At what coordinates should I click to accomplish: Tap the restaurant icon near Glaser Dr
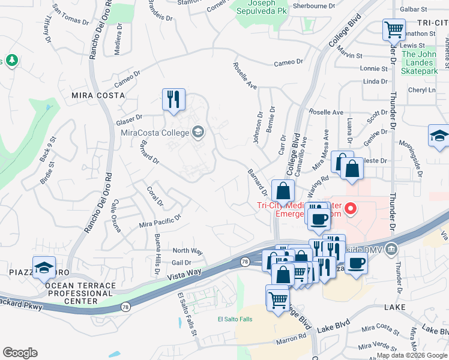173,100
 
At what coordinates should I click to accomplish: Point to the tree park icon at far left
11,61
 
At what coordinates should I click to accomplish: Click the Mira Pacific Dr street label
160,221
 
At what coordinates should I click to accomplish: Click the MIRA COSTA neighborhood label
98,95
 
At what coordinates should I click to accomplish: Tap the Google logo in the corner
20,353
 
